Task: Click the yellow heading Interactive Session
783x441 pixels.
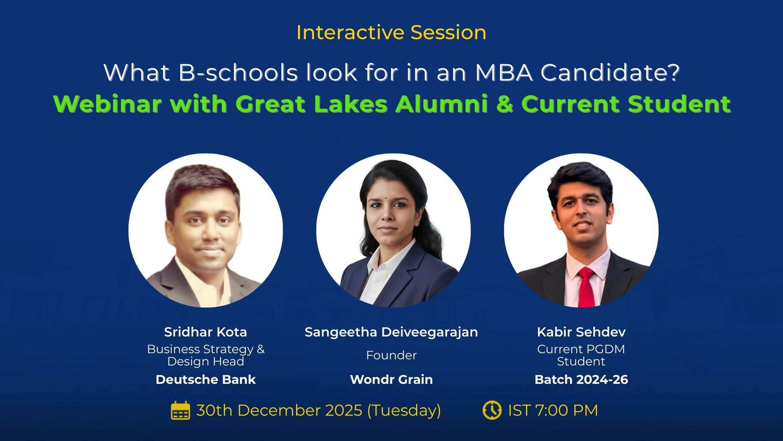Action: click(x=391, y=32)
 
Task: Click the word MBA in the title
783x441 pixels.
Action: click(x=504, y=73)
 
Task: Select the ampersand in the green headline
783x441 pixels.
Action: click(x=504, y=104)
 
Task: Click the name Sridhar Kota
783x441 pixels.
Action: click(x=206, y=332)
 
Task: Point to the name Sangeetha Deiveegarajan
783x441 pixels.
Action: click(x=391, y=332)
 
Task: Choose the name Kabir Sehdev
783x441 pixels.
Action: click(x=581, y=332)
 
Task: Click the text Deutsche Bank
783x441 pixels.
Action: click(x=206, y=379)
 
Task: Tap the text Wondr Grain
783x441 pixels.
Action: click(x=391, y=379)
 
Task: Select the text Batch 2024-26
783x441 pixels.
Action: click(x=581, y=379)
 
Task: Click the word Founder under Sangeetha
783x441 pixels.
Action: click(x=391, y=355)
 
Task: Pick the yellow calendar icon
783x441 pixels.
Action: click(x=180, y=410)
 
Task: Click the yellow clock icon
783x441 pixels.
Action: click(x=492, y=410)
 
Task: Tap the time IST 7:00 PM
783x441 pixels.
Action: click(x=553, y=410)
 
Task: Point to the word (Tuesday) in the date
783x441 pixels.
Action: click(x=404, y=410)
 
